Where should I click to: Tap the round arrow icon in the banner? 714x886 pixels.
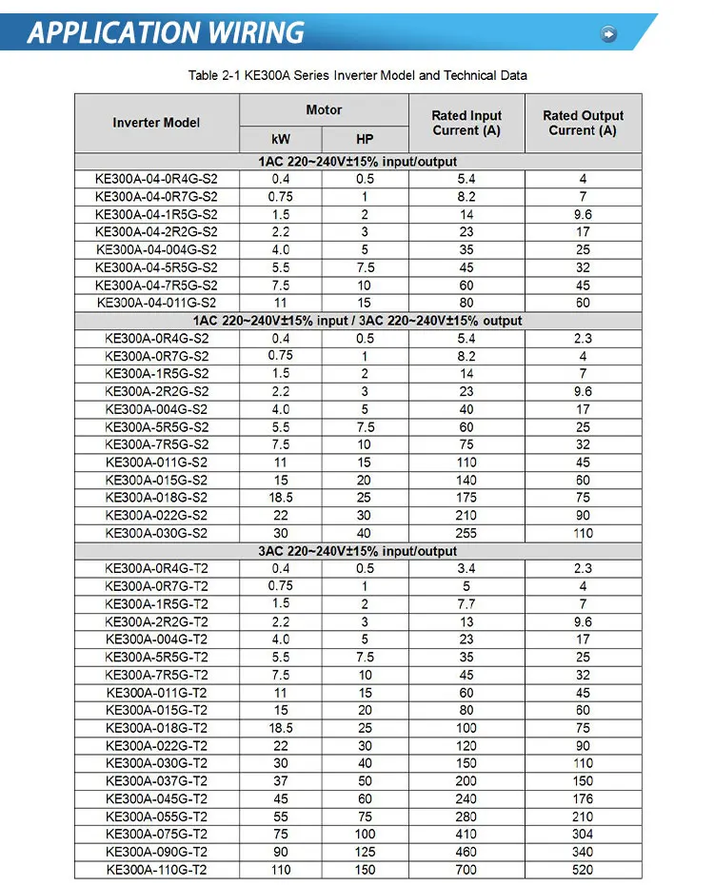(609, 34)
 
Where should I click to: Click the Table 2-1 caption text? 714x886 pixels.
(357, 75)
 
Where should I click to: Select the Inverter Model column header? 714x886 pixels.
(156, 123)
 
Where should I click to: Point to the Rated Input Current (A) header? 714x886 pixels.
(466, 123)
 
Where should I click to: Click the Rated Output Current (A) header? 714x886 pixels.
(583, 123)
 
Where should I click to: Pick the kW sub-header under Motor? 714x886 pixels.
(281, 138)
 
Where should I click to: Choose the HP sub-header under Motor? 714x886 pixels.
(365, 138)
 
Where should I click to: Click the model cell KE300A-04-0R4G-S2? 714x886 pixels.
(156, 179)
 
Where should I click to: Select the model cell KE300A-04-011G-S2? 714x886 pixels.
(156, 303)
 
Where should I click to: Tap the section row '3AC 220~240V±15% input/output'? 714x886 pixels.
(357, 551)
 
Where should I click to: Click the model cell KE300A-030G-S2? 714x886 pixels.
(156, 533)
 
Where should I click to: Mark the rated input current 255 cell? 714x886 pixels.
(466, 533)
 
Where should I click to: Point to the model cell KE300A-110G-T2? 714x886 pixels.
(156, 870)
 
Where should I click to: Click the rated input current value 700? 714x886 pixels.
(466, 870)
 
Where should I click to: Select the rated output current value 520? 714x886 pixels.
(583, 870)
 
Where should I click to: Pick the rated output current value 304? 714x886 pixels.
(583, 834)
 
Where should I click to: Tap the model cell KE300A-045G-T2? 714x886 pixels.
(156, 798)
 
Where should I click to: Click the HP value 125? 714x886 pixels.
(365, 852)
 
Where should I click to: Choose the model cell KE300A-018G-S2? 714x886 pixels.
(156, 498)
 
